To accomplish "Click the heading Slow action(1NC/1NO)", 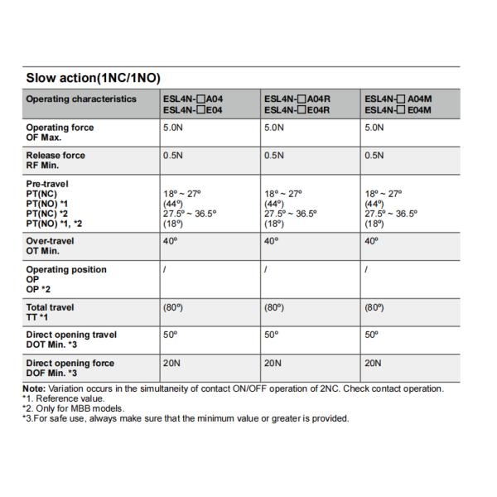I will (92, 79).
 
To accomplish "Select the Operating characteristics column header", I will (81, 99).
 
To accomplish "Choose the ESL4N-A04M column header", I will (398, 104).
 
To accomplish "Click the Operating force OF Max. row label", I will (60, 133).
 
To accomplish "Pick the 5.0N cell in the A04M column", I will (374, 128).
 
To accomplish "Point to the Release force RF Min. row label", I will (55, 160).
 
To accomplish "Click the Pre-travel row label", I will (48, 184).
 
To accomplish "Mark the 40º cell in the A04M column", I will (371, 241).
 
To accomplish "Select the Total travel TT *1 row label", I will (50, 312).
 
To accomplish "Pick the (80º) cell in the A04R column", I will (275, 307).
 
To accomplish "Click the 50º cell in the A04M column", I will (371, 335).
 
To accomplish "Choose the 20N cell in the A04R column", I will (273, 363).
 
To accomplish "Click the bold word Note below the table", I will (34, 388).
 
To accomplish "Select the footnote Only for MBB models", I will (76, 408).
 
